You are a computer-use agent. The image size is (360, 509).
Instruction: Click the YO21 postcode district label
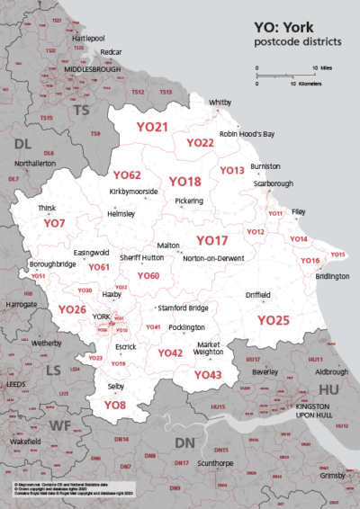(x=152, y=128)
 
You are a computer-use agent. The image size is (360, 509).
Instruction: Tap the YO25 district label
(x=274, y=320)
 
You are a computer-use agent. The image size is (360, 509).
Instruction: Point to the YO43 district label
(x=208, y=374)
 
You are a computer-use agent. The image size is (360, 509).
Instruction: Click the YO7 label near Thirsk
(x=56, y=223)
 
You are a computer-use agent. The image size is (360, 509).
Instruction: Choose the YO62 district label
(x=127, y=174)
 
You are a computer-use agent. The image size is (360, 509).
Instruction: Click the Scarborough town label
(x=274, y=183)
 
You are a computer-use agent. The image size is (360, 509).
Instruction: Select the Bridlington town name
(x=330, y=276)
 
